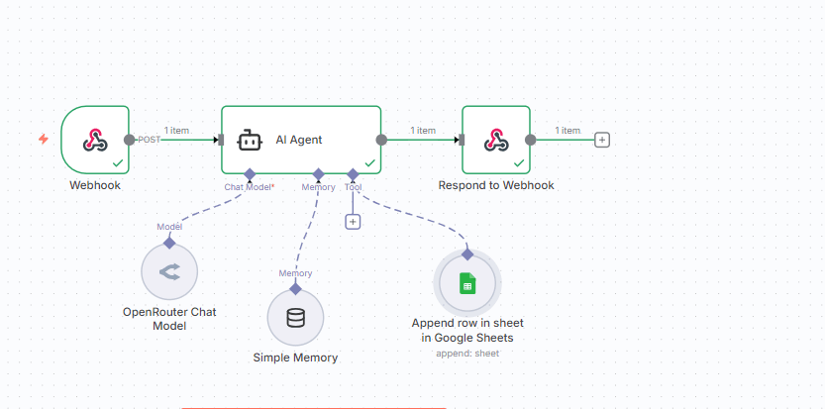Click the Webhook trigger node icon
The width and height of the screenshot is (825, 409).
pyautogui.click(x=95, y=140)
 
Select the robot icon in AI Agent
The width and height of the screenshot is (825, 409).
pyautogui.click(x=250, y=140)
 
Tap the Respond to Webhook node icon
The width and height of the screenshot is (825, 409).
pyautogui.click(x=495, y=140)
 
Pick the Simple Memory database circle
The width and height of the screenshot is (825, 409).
pyautogui.click(x=295, y=318)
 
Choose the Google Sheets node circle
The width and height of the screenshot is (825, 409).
pyautogui.click(x=467, y=285)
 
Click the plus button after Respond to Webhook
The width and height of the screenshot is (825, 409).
pyautogui.click(x=601, y=140)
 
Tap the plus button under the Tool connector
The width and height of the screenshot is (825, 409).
pyautogui.click(x=353, y=221)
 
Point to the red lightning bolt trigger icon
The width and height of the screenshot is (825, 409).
pyautogui.click(x=43, y=140)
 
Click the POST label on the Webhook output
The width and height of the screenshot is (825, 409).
pyautogui.click(x=149, y=140)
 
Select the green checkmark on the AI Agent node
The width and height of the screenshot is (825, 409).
pyautogui.click(x=369, y=162)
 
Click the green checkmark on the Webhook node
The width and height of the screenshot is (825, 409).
pyautogui.click(x=118, y=162)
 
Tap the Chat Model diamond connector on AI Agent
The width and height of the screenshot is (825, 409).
pyautogui.click(x=250, y=174)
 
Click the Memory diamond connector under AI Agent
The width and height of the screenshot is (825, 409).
pyautogui.click(x=318, y=174)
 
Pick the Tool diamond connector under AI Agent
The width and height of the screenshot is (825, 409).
pyautogui.click(x=353, y=174)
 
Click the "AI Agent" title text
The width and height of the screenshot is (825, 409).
pyautogui.click(x=299, y=140)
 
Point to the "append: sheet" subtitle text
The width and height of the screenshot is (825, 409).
pyautogui.click(x=467, y=354)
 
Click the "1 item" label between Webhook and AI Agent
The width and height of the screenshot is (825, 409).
pyautogui.click(x=176, y=130)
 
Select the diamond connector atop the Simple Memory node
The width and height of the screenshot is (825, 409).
pyautogui.click(x=295, y=288)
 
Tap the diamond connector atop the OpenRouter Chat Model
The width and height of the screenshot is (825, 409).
pyautogui.click(x=169, y=243)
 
